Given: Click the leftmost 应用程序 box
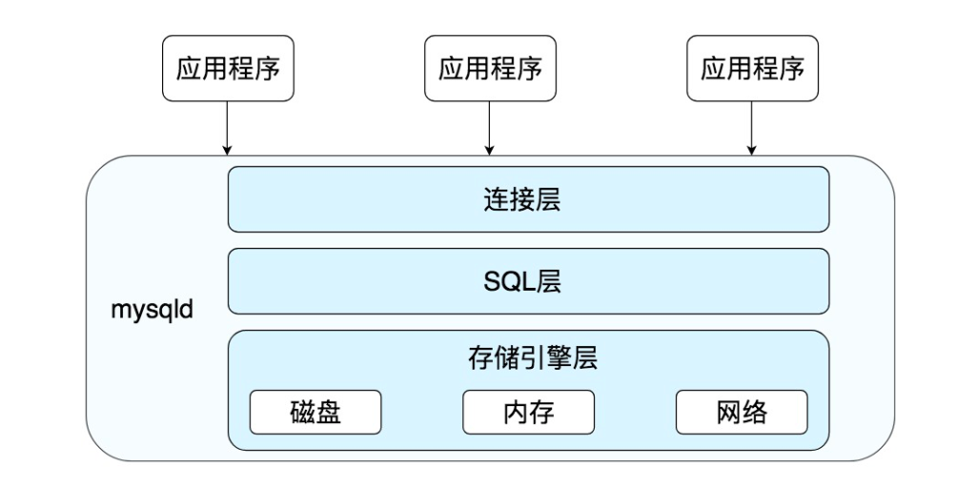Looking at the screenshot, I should click(227, 70).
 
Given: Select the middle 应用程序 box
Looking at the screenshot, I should click(490, 70).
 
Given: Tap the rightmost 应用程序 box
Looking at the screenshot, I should click(752, 70).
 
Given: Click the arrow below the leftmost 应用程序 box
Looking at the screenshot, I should click(227, 128).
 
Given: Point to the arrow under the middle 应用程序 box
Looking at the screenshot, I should click(490, 128).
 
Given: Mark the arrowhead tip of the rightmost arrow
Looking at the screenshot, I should click(752, 153).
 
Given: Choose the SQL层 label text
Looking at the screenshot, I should click(528, 283).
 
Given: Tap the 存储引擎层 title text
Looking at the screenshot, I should click(528, 361).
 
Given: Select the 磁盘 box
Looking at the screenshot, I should click(315, 412).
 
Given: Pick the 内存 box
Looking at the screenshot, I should click(529, 412).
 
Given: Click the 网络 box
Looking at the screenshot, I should click(741, 412).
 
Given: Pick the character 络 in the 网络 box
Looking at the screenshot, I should click(755, 412).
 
